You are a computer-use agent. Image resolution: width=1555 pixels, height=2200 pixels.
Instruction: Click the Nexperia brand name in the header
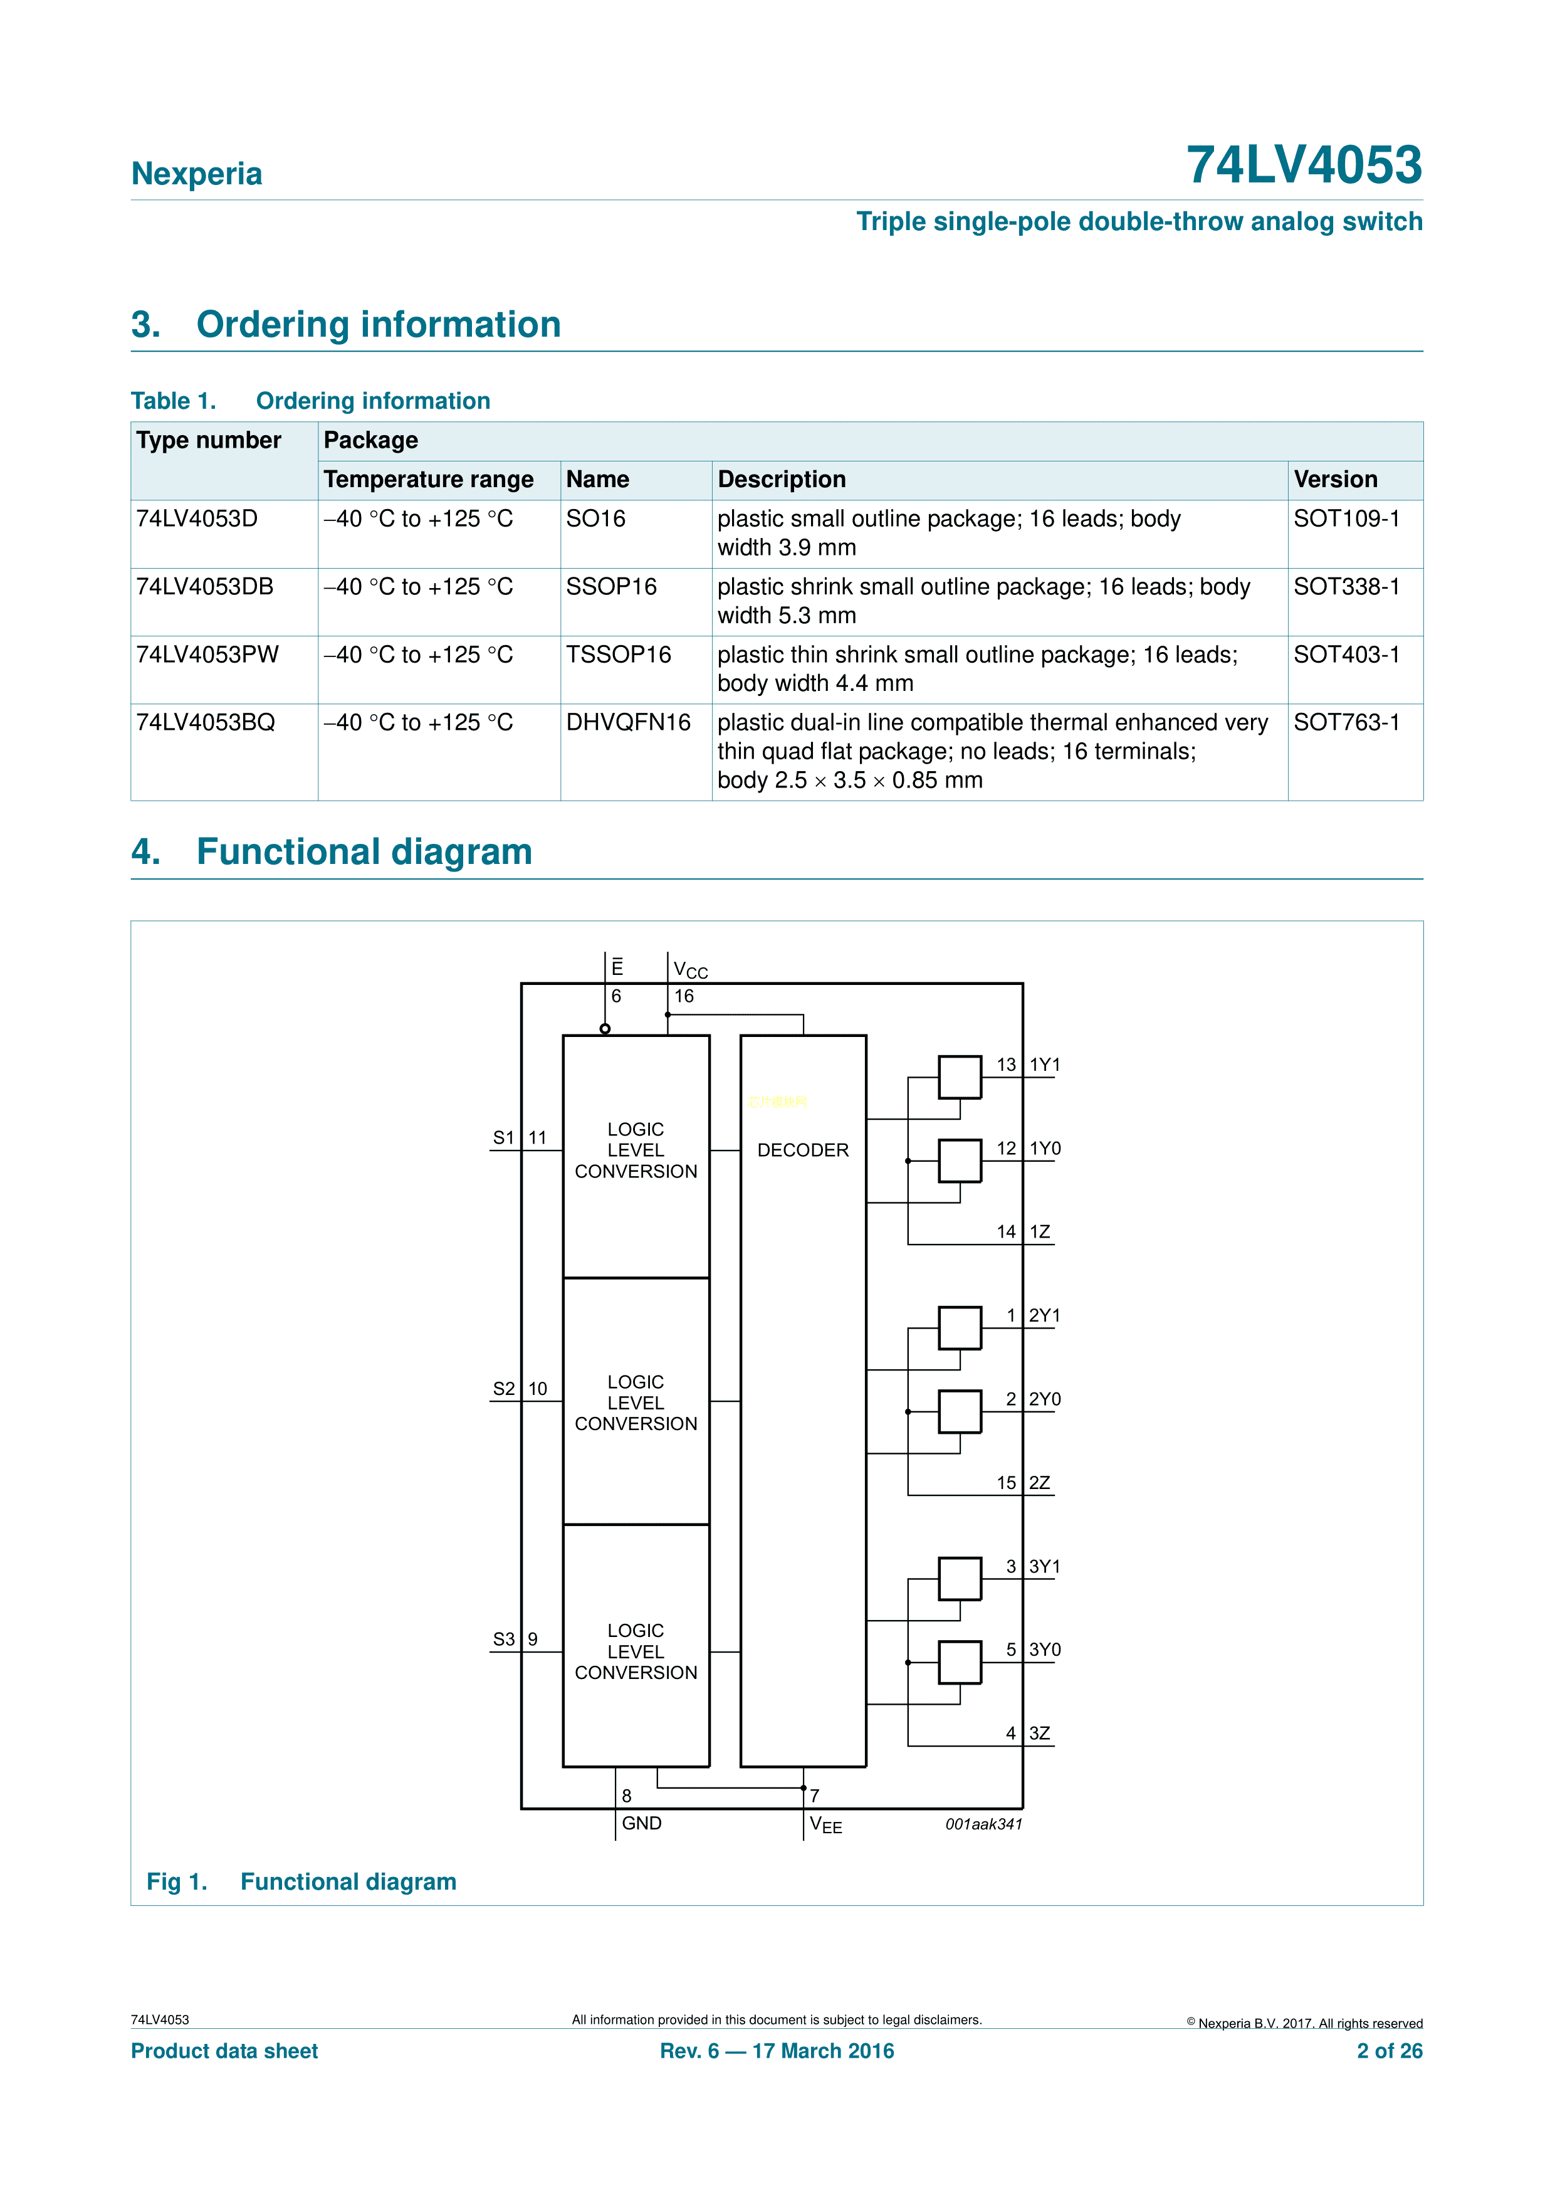(196, 174)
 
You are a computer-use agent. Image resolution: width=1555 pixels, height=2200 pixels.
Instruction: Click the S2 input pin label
(504, 1389)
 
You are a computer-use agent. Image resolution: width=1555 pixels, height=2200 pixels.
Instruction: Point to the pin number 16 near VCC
(684, 996)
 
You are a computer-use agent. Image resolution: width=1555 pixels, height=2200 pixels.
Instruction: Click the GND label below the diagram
(641, 1823)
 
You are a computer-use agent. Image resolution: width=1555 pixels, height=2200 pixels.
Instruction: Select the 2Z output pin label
(1040, 1483)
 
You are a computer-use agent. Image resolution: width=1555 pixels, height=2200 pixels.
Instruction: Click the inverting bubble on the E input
(605, 1029)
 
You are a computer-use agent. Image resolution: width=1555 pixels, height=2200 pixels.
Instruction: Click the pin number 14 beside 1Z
(1006, 1232)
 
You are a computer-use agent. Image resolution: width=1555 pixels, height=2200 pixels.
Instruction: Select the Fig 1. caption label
(176, 1882)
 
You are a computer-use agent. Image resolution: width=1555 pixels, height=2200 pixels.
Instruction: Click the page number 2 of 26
(1390, 2051)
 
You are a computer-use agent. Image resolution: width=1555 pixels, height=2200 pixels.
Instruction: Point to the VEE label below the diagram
(825, 1824)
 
